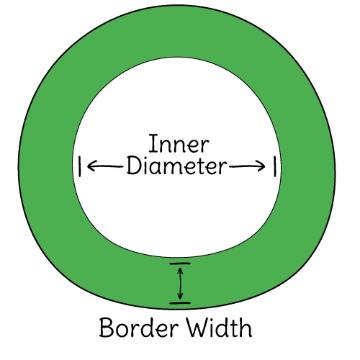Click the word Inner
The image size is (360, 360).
(179, 144)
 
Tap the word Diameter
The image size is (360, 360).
(176, 166)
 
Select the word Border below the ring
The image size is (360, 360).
(139, 328)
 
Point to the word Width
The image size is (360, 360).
(220, 328)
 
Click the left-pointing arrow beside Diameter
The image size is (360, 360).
(105, 166)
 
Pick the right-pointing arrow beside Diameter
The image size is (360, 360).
(247, 166)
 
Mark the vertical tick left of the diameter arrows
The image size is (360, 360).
(80, 166)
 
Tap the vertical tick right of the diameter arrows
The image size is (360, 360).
(275, 166)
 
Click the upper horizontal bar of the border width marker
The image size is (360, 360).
(180, 264)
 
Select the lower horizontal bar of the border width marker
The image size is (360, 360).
(180, 303)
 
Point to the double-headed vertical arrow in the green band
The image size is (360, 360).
(180, 284)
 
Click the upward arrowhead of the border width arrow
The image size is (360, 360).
(180, 270)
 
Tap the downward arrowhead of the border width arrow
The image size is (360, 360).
(180, 297)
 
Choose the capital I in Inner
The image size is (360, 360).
(152, 143)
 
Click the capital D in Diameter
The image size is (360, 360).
(133, 166)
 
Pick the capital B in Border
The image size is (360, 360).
(106, 328)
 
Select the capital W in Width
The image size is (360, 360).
(199, 328)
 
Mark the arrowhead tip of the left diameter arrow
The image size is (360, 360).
(88, 166)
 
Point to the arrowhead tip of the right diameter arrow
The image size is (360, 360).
(265, 166)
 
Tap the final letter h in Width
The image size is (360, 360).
(246, 328)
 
